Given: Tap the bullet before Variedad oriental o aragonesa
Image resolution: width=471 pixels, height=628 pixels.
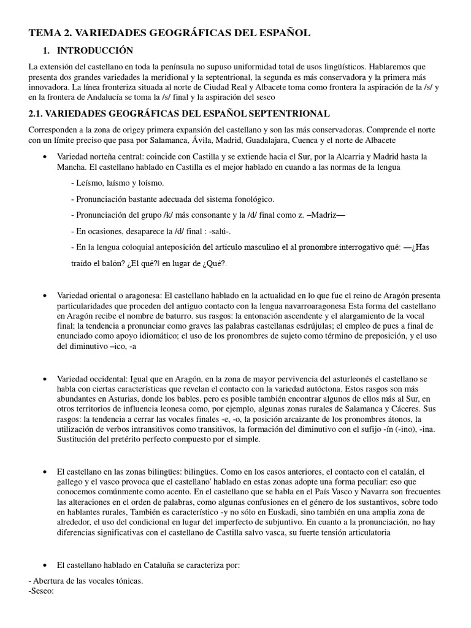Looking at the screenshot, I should click(45, 296).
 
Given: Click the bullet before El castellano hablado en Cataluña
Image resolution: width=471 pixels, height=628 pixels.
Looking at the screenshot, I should click(45, 565).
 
